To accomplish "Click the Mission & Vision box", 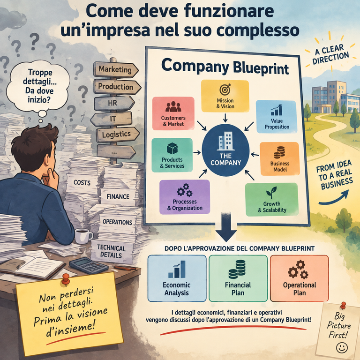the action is (225, 96).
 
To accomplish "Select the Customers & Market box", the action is (173, 113).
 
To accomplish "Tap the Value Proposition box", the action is (277, 117).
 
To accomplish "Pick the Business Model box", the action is (280, 159).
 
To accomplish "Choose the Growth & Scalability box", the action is (272, 200).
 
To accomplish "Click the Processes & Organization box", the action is (185, 197).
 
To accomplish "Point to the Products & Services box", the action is (172, 155).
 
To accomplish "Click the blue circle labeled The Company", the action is (225, 150).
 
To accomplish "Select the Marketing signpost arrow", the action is (116, 69).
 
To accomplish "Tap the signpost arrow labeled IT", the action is (112, 119).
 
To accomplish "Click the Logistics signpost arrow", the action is (118, 135).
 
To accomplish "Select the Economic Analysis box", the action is (177, 278).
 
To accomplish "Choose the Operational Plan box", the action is (300, 278).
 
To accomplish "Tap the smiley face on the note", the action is (342, 348).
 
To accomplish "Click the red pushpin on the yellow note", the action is (66, 279).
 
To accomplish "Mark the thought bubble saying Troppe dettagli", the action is (38, 86).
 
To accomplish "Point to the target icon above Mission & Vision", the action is (225, 90).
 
